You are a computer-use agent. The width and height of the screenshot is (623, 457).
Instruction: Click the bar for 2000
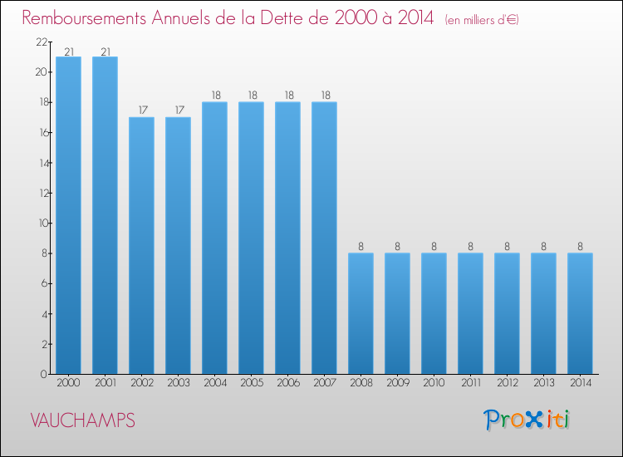pos(68,215)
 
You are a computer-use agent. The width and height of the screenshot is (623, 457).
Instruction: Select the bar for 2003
pos(178,245)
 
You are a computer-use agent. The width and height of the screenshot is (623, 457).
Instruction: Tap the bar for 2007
pos(324,238)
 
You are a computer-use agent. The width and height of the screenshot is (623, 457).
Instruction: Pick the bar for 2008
pos(361,313)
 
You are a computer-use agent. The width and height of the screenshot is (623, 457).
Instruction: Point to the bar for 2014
pos(580,313)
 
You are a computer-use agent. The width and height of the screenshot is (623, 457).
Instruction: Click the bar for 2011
pos(470,313)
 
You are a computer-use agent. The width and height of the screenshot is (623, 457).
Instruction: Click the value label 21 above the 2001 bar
pos(105,52)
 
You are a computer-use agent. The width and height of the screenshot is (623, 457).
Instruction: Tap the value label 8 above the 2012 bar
pos(507,247)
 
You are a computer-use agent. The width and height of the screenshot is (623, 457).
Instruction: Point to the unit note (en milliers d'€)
pos(482,20)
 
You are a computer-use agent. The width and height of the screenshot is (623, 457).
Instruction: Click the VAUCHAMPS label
pos(82,420)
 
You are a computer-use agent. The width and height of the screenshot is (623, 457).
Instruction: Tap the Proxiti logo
pos(527,420)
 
